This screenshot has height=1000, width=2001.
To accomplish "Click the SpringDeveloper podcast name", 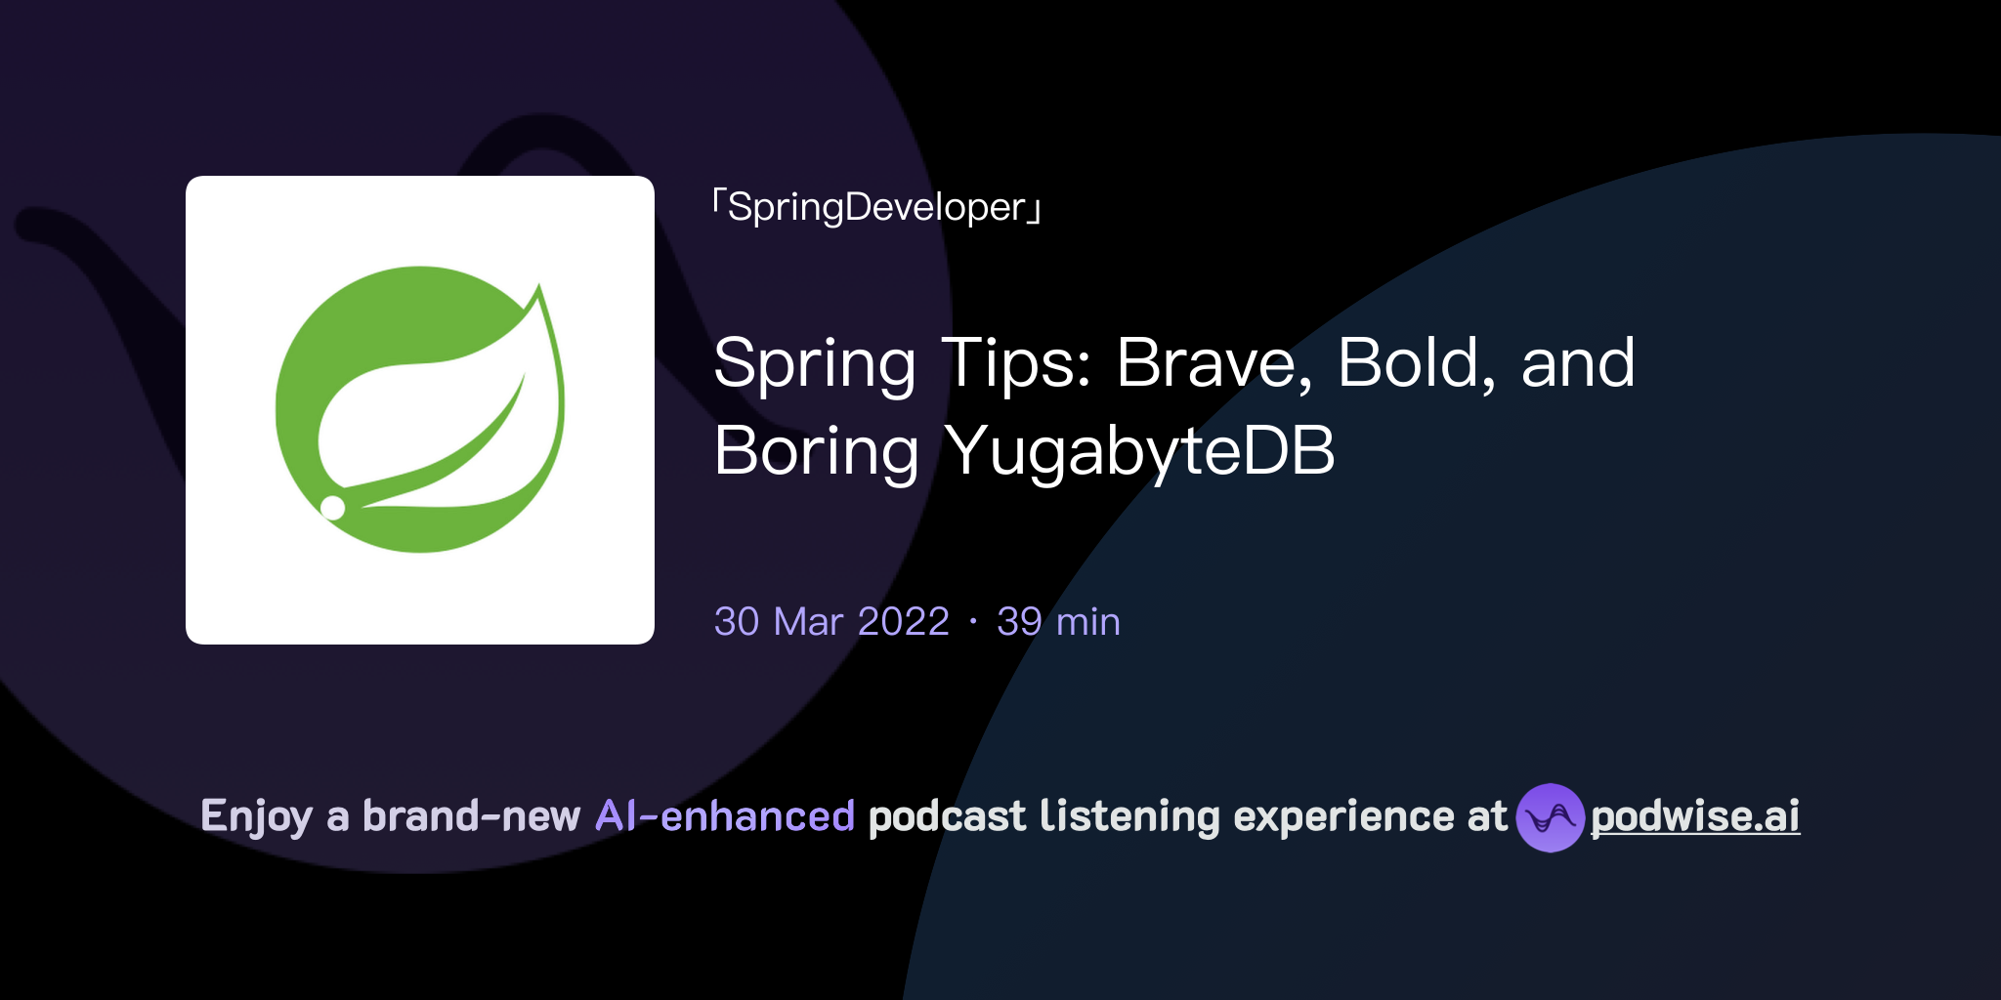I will pyautogui.click(x=876, y=207).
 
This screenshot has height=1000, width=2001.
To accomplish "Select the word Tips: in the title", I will pyautogui.click(x=1014, y=363).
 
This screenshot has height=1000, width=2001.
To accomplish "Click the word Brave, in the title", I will pyautogui.click(x=1213, y=363).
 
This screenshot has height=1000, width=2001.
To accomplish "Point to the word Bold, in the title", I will pyautogui.click(x=1416, y=363).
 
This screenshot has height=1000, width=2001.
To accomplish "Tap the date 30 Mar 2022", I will pyautogui.click(x=831, y=622).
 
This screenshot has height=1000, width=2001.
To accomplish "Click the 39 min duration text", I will pyautogui.click(x=1058, y=622).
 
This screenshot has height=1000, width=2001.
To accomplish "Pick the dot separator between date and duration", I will pyautogui.click(x=973, y=622).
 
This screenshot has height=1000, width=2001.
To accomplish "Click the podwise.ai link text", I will pyautogui.click(x=1694, y=816).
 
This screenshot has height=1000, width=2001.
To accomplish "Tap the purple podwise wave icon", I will pyautogui.click(x=1550, y=817).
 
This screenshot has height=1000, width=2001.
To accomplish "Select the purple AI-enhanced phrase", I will pyautogui.click(x=725, y=816).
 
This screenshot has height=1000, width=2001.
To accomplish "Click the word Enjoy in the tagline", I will pyautogui.click(x=256, y=816).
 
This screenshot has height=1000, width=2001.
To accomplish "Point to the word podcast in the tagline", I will pyautogui.click(x=947, y=816).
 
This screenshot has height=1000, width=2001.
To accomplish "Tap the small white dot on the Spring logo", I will pyautogui.click(x=333, y=507).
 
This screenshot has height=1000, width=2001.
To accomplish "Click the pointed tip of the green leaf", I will pyautogui.click(x=539, y=286).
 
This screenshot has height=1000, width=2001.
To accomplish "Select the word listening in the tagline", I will pyautogui.click(x=1129, y=816).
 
